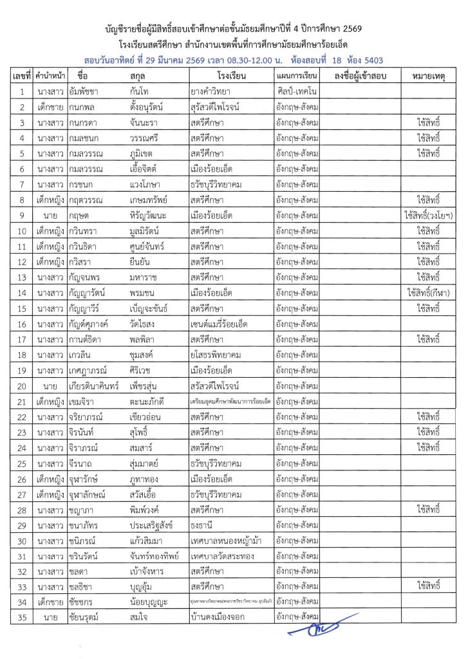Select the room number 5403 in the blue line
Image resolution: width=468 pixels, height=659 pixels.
[x=370, y=60]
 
